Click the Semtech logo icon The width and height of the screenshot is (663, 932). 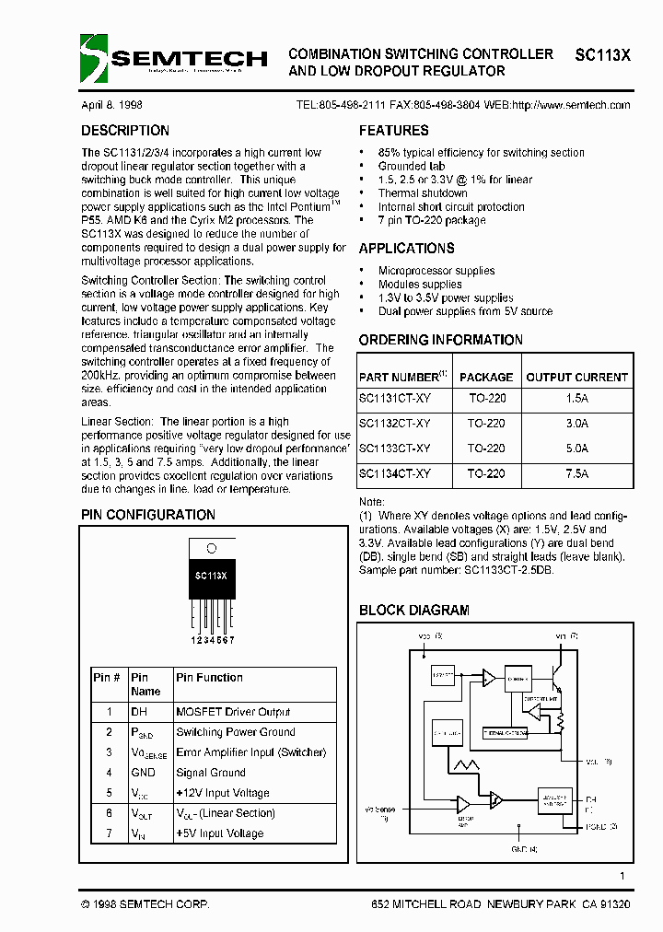pos(94,58)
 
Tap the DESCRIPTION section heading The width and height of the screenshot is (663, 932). pos(125,131)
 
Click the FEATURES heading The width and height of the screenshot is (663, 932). pos(393,131)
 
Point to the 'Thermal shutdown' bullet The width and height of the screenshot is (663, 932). pos(423,193)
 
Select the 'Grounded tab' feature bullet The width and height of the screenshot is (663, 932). pos(412,167)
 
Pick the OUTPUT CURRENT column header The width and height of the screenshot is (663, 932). pos(576,377)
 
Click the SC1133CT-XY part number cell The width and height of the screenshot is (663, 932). pos(394,449)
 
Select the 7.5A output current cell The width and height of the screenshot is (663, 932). pos(577,473)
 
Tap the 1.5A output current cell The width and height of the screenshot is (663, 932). pos(577,399)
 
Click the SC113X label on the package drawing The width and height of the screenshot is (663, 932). pos(211,575)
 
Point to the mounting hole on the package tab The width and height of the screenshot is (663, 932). pos(211,548)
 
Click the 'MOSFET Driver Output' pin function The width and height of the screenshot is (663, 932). pos(233,712)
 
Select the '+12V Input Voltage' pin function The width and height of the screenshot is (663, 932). pos(223,793)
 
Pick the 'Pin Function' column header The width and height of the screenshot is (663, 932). pos(210,678)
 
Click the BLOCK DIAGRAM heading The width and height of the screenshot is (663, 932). pos(413,610)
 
